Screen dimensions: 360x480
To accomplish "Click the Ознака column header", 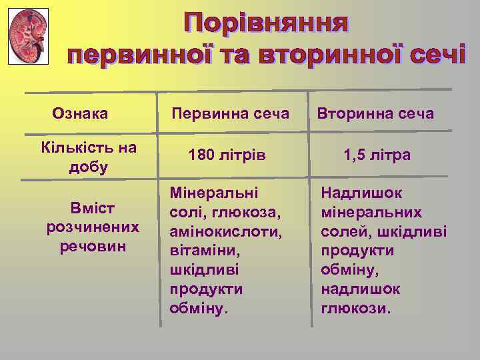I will click(x=81, y=114).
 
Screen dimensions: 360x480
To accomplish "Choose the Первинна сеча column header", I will click(x=230, y=114).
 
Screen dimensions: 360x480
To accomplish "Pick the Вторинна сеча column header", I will click(x=375, y=114).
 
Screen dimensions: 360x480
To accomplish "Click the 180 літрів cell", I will click(x=227, y=155).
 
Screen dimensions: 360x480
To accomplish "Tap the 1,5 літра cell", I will click(x=377, y=155).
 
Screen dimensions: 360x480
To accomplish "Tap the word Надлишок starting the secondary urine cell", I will click(x=362, y=193).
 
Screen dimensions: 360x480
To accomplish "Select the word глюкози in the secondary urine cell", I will click(x=357, y=309).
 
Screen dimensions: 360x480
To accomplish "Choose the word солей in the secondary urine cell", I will click(x=342, y=232).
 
